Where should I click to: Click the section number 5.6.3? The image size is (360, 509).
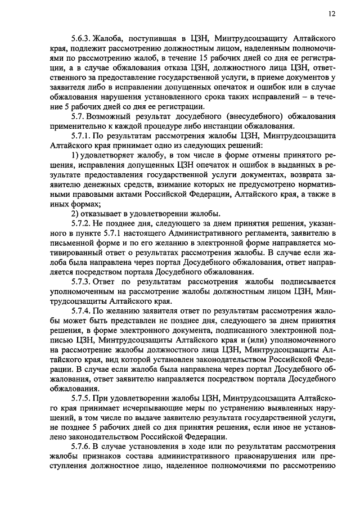point(82,38)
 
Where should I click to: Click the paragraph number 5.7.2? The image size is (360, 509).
point(82,223)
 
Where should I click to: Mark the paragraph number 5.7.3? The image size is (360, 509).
point(82,282)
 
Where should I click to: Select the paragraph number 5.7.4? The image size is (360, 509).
point(82,311)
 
